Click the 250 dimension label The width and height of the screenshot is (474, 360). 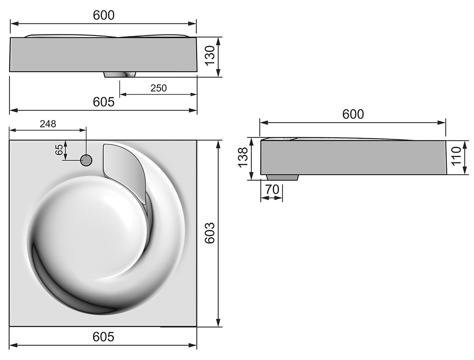coord(158,88)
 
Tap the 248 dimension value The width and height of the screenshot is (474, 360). coord(48,124)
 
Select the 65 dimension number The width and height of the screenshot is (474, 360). coord(59,150)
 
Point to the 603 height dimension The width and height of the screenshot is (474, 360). coord(210,233)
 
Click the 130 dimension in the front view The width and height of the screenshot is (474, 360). coord(210,55)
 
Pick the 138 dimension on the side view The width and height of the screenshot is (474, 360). coord(243,157)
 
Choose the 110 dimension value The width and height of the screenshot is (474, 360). coord(456,155)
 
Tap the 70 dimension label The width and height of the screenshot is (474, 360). coord(272,189)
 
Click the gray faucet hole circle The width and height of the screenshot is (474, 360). coord(86,161)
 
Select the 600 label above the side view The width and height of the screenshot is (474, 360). coord(353,114)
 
